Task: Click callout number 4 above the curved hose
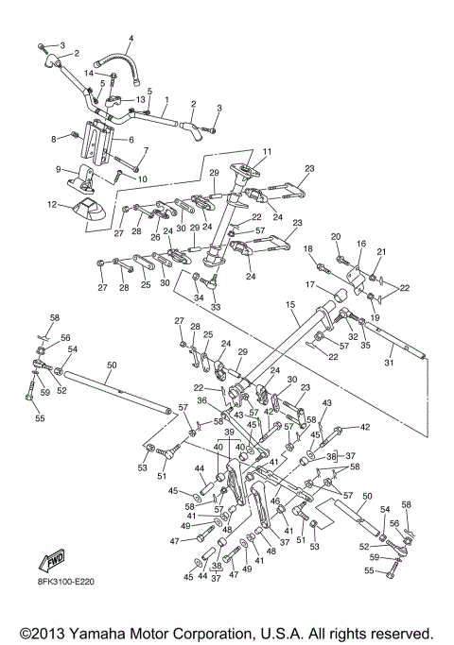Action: pyautogui.click(x=131, y=39)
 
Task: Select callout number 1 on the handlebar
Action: pyautogui.click(x=166, y=99)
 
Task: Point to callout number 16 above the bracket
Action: pyautogui.click(x=360, y=244)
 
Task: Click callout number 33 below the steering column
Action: pyautogui.click(x=214, y=307)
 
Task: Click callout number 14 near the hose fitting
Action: pyautogui.click(x=86, y=73)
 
